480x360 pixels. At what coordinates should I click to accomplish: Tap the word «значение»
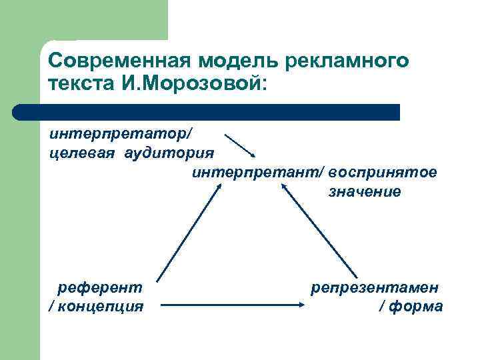364,193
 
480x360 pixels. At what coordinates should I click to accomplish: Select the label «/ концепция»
96,307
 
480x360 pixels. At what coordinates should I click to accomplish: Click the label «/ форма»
410,307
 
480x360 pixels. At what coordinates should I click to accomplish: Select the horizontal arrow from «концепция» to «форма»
233,307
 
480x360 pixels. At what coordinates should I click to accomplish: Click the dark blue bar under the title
207,112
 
